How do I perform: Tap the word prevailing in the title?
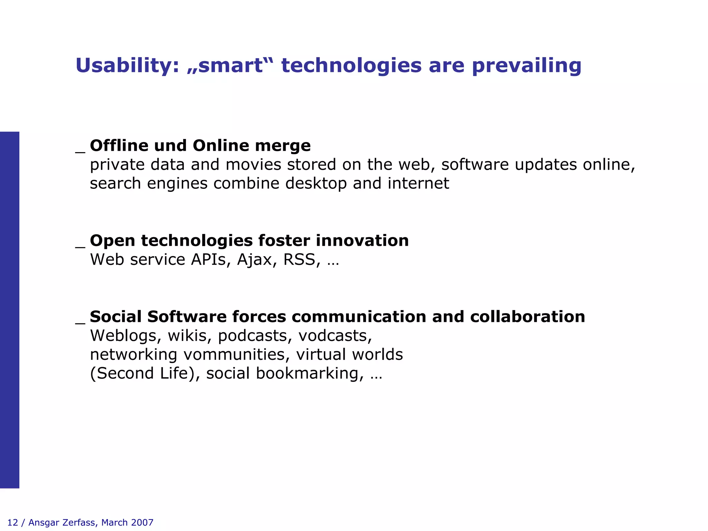527,66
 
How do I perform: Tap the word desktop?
316,183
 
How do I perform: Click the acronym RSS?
299,260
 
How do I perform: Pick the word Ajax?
254,260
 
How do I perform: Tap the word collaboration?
527,317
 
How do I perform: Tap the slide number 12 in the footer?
12,522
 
